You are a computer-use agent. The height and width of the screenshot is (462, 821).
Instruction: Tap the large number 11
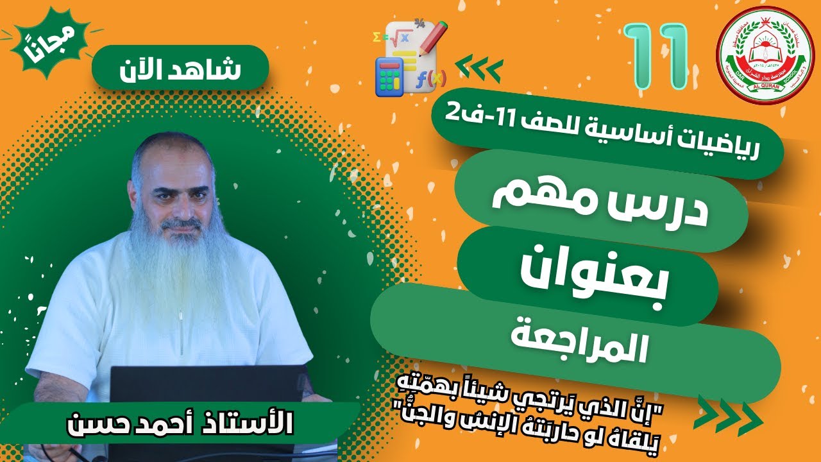click(656, 56)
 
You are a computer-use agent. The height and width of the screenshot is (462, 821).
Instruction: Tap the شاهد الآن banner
click(178, 68)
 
